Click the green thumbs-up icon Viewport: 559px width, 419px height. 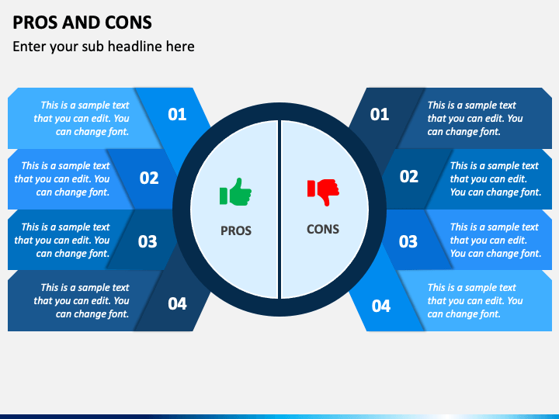[x=235, y=192]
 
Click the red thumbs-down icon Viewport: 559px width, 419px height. [x=323, y=192]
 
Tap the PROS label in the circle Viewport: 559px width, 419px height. [x=236, y=230]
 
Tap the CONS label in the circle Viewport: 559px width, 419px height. [x=323, y=229]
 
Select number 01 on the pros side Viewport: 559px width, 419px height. [x=177, y=114]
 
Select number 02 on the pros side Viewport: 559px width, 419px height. [x=149, y=178]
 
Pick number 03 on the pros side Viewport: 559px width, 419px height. [x=148, y=241]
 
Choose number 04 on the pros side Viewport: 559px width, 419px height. [x=177, y=303]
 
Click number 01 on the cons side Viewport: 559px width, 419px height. [x=380, y=114]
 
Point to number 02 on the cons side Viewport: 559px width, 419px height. [x=409, y=176]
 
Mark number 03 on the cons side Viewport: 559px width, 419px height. [x=408, y=241]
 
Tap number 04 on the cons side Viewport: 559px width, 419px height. [x=381, y=306]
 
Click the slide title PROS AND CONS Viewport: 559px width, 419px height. [x=82, y=23]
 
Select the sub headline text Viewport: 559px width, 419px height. [x=103, y=47]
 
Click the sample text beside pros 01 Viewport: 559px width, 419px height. [x=82, y=118]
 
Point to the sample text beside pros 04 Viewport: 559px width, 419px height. [x=82, y=301]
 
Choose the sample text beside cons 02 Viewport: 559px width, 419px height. [x=495, y=179]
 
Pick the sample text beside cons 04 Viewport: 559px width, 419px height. [x=475, y=301]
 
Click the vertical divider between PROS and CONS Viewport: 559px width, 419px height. [x=279, y=209]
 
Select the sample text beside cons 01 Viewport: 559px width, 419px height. [x=475, y=118]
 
